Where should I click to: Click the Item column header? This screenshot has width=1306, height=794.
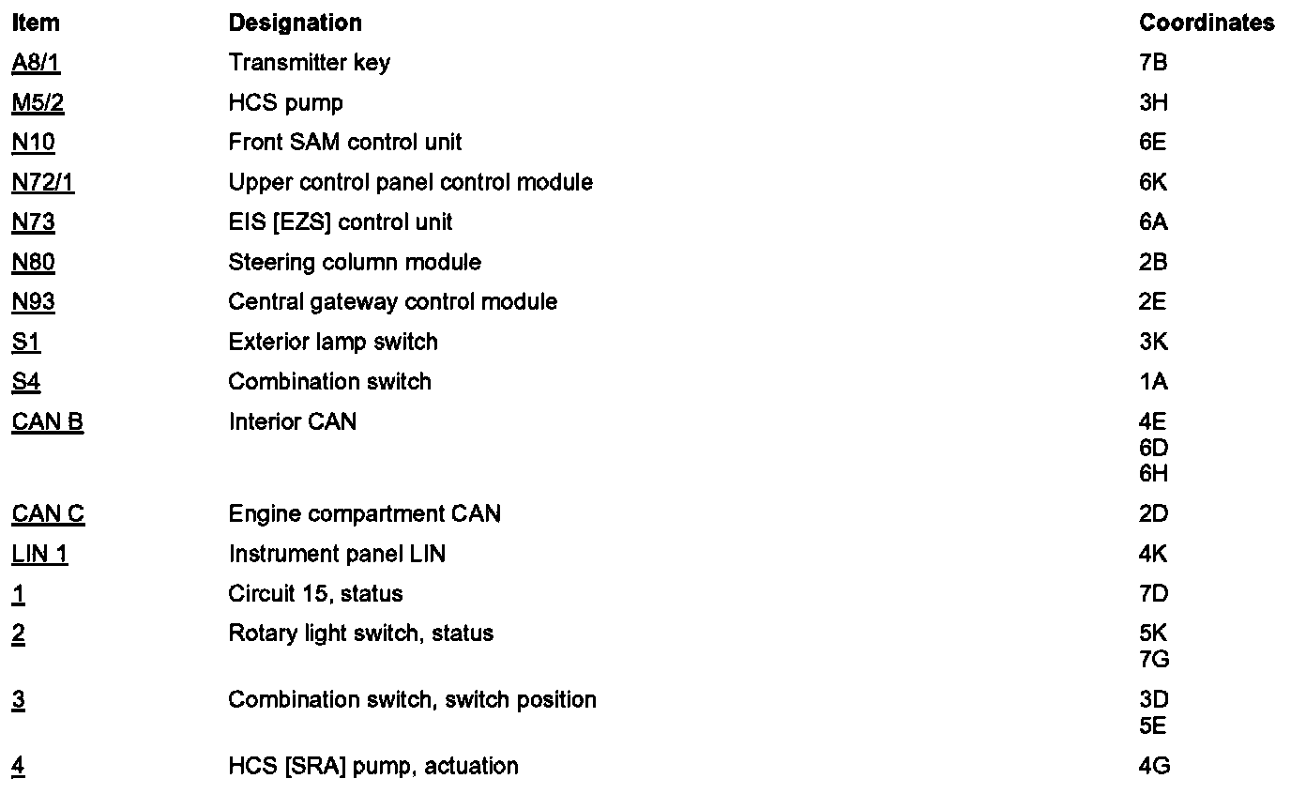pos(36,23)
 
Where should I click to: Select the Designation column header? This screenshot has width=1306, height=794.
pos(295,23)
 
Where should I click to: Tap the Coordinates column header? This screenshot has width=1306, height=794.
pos(1207,23)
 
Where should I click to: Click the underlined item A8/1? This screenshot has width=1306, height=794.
pos(37,63)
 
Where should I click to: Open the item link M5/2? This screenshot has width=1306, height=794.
pos(38,102)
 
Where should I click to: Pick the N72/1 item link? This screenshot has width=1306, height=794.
pos(43,182)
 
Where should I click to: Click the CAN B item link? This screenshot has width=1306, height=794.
pos(48,422)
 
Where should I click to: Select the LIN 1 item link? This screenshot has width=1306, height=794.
pos(40,555)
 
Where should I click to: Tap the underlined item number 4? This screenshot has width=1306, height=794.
pos(19,767)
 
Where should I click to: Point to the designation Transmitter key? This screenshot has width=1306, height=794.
pos(309,63)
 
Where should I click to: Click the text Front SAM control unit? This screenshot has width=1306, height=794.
pos(344,143)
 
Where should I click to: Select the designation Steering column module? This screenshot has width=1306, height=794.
pos(355,262)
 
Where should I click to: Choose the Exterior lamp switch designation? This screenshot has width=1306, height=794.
pos(333,342)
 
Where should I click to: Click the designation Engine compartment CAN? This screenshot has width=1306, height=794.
pos(364,514)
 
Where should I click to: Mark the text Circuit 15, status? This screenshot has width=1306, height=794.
pos(315,594)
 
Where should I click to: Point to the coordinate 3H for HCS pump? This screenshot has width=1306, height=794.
pos(1153,102)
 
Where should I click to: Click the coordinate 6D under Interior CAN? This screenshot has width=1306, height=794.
pos(1153,448)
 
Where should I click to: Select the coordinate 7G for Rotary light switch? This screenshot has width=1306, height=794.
pos(1154,660)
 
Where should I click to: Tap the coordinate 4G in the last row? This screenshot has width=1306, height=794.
pos(1154,767)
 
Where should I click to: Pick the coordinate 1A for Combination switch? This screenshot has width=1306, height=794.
pos(1153,382)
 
